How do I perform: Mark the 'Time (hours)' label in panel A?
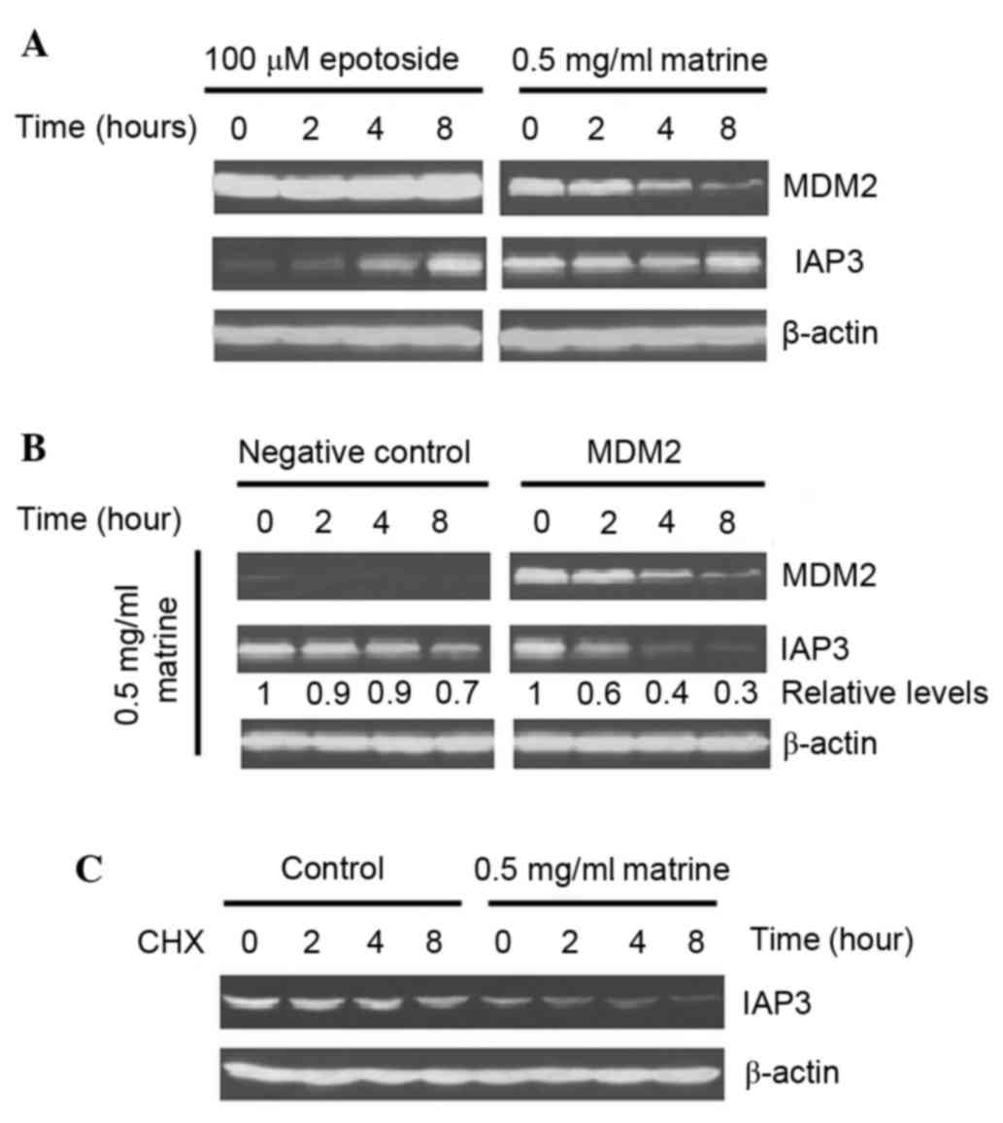click(x=105, y=126)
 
